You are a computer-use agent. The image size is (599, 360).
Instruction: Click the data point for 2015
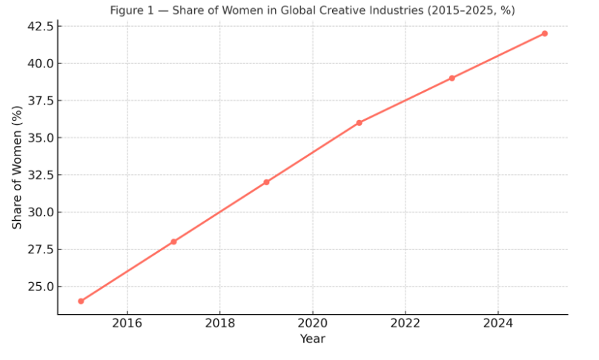pyautogui.click(x=81, y=301)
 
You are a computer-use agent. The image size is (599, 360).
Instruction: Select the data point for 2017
pyautogui.click(x=173, y=241)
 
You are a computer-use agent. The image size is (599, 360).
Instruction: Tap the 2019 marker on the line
pyautogui.click(x=266, y=182)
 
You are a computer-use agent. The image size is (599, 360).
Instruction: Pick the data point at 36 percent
pyautogui.click(x=359, y=123)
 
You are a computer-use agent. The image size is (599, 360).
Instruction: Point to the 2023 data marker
pyautogui.click(x=451, y=78)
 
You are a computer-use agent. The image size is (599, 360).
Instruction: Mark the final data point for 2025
pyautogui.click(x=544, y=33)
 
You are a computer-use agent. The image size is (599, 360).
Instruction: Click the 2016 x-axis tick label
pyautogui.click(x=127, y=323)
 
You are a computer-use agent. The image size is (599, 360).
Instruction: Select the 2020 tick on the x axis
pyautogui.click(x=312, y=323)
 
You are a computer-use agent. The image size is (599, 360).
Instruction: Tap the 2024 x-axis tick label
pyautogui.click(x=497, y=323)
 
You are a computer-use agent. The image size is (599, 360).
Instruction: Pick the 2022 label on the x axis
pyautogui.click(x=405, y=323)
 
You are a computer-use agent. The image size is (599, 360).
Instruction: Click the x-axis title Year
pyautogui.click(x=312, y=339)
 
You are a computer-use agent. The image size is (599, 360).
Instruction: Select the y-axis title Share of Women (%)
pyautogui.click(x=17, y=167)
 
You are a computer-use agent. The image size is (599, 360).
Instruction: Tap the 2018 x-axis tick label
pyautogui.click(x=219, y=323)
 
